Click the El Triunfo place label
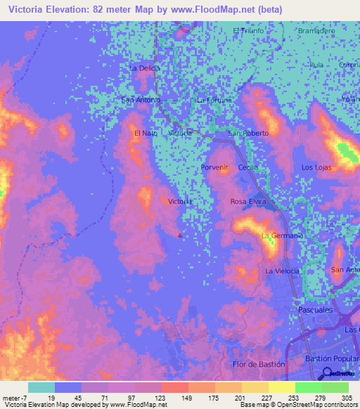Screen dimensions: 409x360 point(247,31)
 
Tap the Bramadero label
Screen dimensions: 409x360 point(316,32)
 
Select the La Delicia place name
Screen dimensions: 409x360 point(145,68)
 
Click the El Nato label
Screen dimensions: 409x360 point(146,133)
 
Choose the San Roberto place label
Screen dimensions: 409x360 point(248,133)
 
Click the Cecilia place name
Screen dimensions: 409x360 point(248,167)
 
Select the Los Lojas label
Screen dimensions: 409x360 point(316,167)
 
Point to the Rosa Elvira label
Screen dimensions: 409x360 point(247,202)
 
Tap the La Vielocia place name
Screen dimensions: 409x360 point(282,271)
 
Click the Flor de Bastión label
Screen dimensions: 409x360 point(259,364)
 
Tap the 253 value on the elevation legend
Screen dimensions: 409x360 point(282,397)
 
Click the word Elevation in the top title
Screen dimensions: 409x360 point(76,10)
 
